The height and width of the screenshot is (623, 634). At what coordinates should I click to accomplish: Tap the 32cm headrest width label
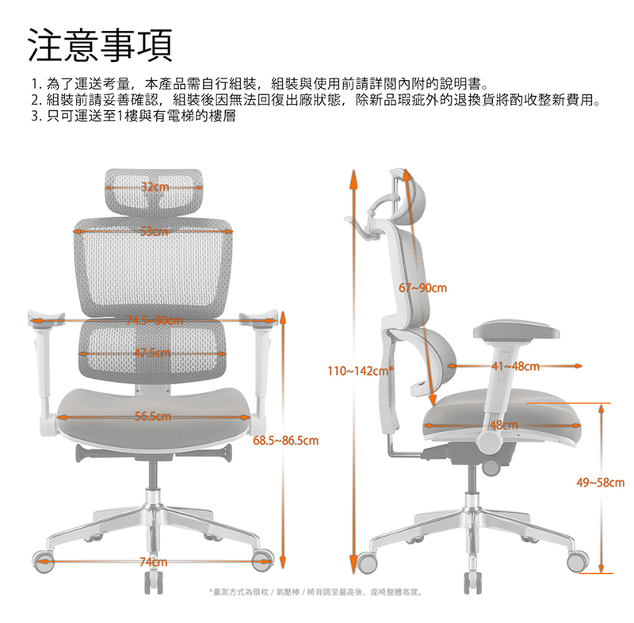pyautogui.click(x=155, y=187)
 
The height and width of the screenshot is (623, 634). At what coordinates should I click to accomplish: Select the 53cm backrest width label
pyautogui.click(x=155, y=231)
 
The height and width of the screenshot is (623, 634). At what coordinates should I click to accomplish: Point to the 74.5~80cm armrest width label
pyautogui.click(x=155, y=320)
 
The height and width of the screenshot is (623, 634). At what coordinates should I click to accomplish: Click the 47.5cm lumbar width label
pyautogui.click(x=155, y=352)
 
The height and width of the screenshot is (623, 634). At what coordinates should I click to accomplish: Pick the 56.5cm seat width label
pyautogui.click(x=154, y=416)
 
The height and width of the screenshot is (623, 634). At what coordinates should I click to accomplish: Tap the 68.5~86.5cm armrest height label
pyautogui.click(x=286, y=440)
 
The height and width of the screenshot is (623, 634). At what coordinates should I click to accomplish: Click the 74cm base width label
pyautogui.click(x=154, y=562)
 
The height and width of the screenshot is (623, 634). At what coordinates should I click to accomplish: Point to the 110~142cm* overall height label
pyautogui.click(x=361, y=370)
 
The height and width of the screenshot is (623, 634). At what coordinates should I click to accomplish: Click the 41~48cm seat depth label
pyautogui.click(x=515, y=366)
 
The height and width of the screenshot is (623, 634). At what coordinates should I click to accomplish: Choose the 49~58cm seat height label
pyautogui.click(x=601, y=482)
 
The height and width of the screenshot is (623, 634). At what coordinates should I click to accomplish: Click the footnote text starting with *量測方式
pyautogui.click(x=316, y=592)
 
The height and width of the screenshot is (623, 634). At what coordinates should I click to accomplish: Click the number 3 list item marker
pyautogui.click(x=35, y=116)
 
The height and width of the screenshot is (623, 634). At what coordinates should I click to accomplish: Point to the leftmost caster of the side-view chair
pyautogui.click(x=367, y=560)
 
